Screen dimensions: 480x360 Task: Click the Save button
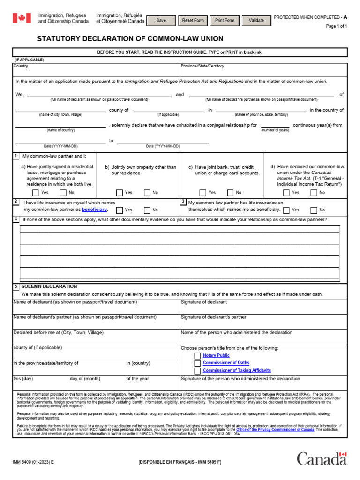point(161,21)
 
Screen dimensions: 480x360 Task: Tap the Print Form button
point(225,21)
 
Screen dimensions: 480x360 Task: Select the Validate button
point(256,21)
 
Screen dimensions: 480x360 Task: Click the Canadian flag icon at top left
point(21,18)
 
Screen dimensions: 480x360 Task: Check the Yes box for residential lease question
point(36,193)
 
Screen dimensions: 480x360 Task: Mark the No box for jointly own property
point(147,193)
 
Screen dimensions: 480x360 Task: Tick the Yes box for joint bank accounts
point(203,193)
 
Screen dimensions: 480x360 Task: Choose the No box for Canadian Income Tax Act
point(314,193)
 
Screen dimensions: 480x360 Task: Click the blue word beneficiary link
point(97,210)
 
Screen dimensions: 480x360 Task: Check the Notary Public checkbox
point(197,356)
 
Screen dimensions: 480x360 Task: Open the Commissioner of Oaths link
point(226,363)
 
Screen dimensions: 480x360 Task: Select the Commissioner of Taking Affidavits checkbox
point(197,370)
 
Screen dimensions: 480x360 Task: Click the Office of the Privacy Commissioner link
point(275,429)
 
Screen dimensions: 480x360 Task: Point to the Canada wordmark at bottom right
point(322,458)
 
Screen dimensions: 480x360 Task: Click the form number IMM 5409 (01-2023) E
point(33,462)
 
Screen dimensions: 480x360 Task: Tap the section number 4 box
point(16,219)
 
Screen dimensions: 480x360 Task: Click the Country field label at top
point(21,66)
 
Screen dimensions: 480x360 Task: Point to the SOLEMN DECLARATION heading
point(49,286)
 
